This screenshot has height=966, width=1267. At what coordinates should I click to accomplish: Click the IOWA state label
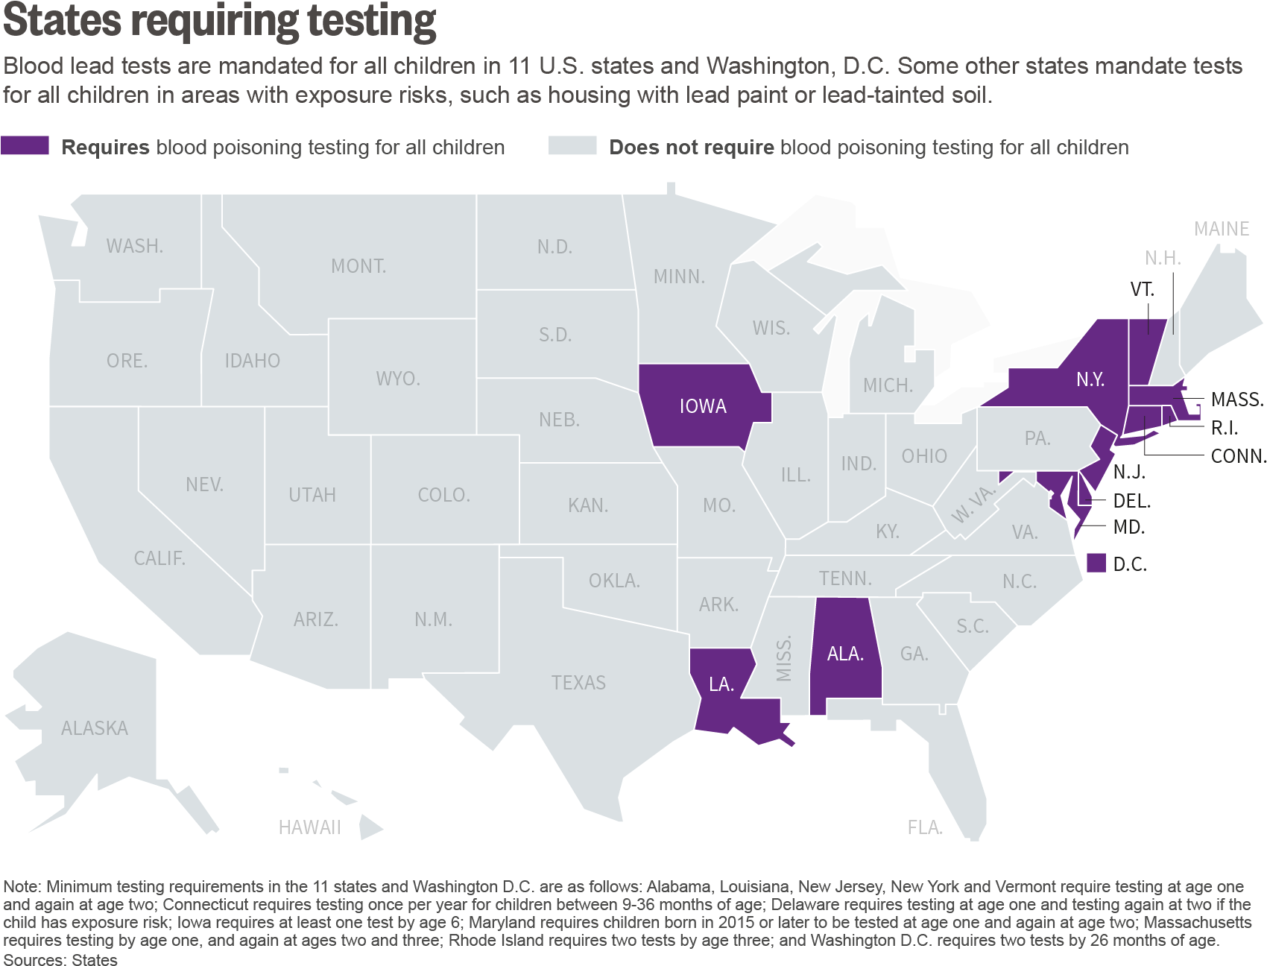pos(702,406)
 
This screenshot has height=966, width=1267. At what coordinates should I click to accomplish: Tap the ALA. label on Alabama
pos(845,654)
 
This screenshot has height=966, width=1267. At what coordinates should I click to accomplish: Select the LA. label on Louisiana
pos(721,684)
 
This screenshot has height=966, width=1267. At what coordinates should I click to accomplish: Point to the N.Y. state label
pos(1090,379)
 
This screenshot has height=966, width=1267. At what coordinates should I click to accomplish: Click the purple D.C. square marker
pos(1096,563)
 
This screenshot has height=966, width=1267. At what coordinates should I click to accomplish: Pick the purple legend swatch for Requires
pos(25,146)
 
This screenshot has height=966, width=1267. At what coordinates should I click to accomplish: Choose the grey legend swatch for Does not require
pos(572,146)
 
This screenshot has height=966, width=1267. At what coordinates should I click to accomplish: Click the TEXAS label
pos(578,683)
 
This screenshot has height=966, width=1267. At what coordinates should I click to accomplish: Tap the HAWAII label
pos(309,827)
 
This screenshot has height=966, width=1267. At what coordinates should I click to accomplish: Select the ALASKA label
pos(95,728)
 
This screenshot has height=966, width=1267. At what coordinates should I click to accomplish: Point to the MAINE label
pos(1222,229)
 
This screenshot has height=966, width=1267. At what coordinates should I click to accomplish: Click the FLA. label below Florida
pos(925,827)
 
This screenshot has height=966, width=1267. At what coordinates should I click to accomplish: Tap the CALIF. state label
pos(159,558)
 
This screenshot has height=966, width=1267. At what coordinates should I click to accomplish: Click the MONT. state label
pos(358,266)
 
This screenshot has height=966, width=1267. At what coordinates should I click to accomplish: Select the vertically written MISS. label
pos(783,659)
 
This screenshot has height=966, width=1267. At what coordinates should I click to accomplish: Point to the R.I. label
pos(1225,428)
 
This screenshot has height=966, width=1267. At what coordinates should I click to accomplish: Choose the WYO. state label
pos(398,379)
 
